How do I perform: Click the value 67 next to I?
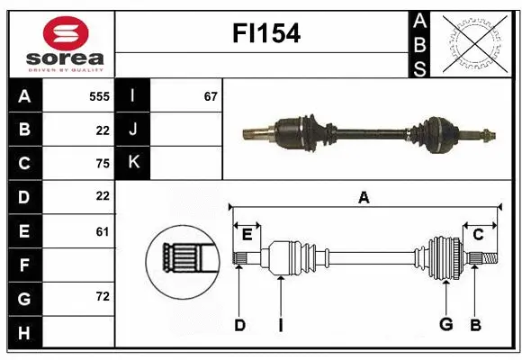(211, 95)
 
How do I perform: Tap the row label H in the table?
(24, 333)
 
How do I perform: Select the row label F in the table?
(24, 265)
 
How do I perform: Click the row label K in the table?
(132, 162)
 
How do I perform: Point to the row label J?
(132, 129)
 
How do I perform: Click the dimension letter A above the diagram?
(364, 197)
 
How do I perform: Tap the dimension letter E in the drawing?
(247, 235)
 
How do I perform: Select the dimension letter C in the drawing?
(478, 235)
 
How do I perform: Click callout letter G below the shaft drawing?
(445, 325)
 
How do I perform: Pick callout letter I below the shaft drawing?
(280, 325)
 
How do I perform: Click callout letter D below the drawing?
(239, 325)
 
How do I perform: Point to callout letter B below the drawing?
(475, 325)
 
